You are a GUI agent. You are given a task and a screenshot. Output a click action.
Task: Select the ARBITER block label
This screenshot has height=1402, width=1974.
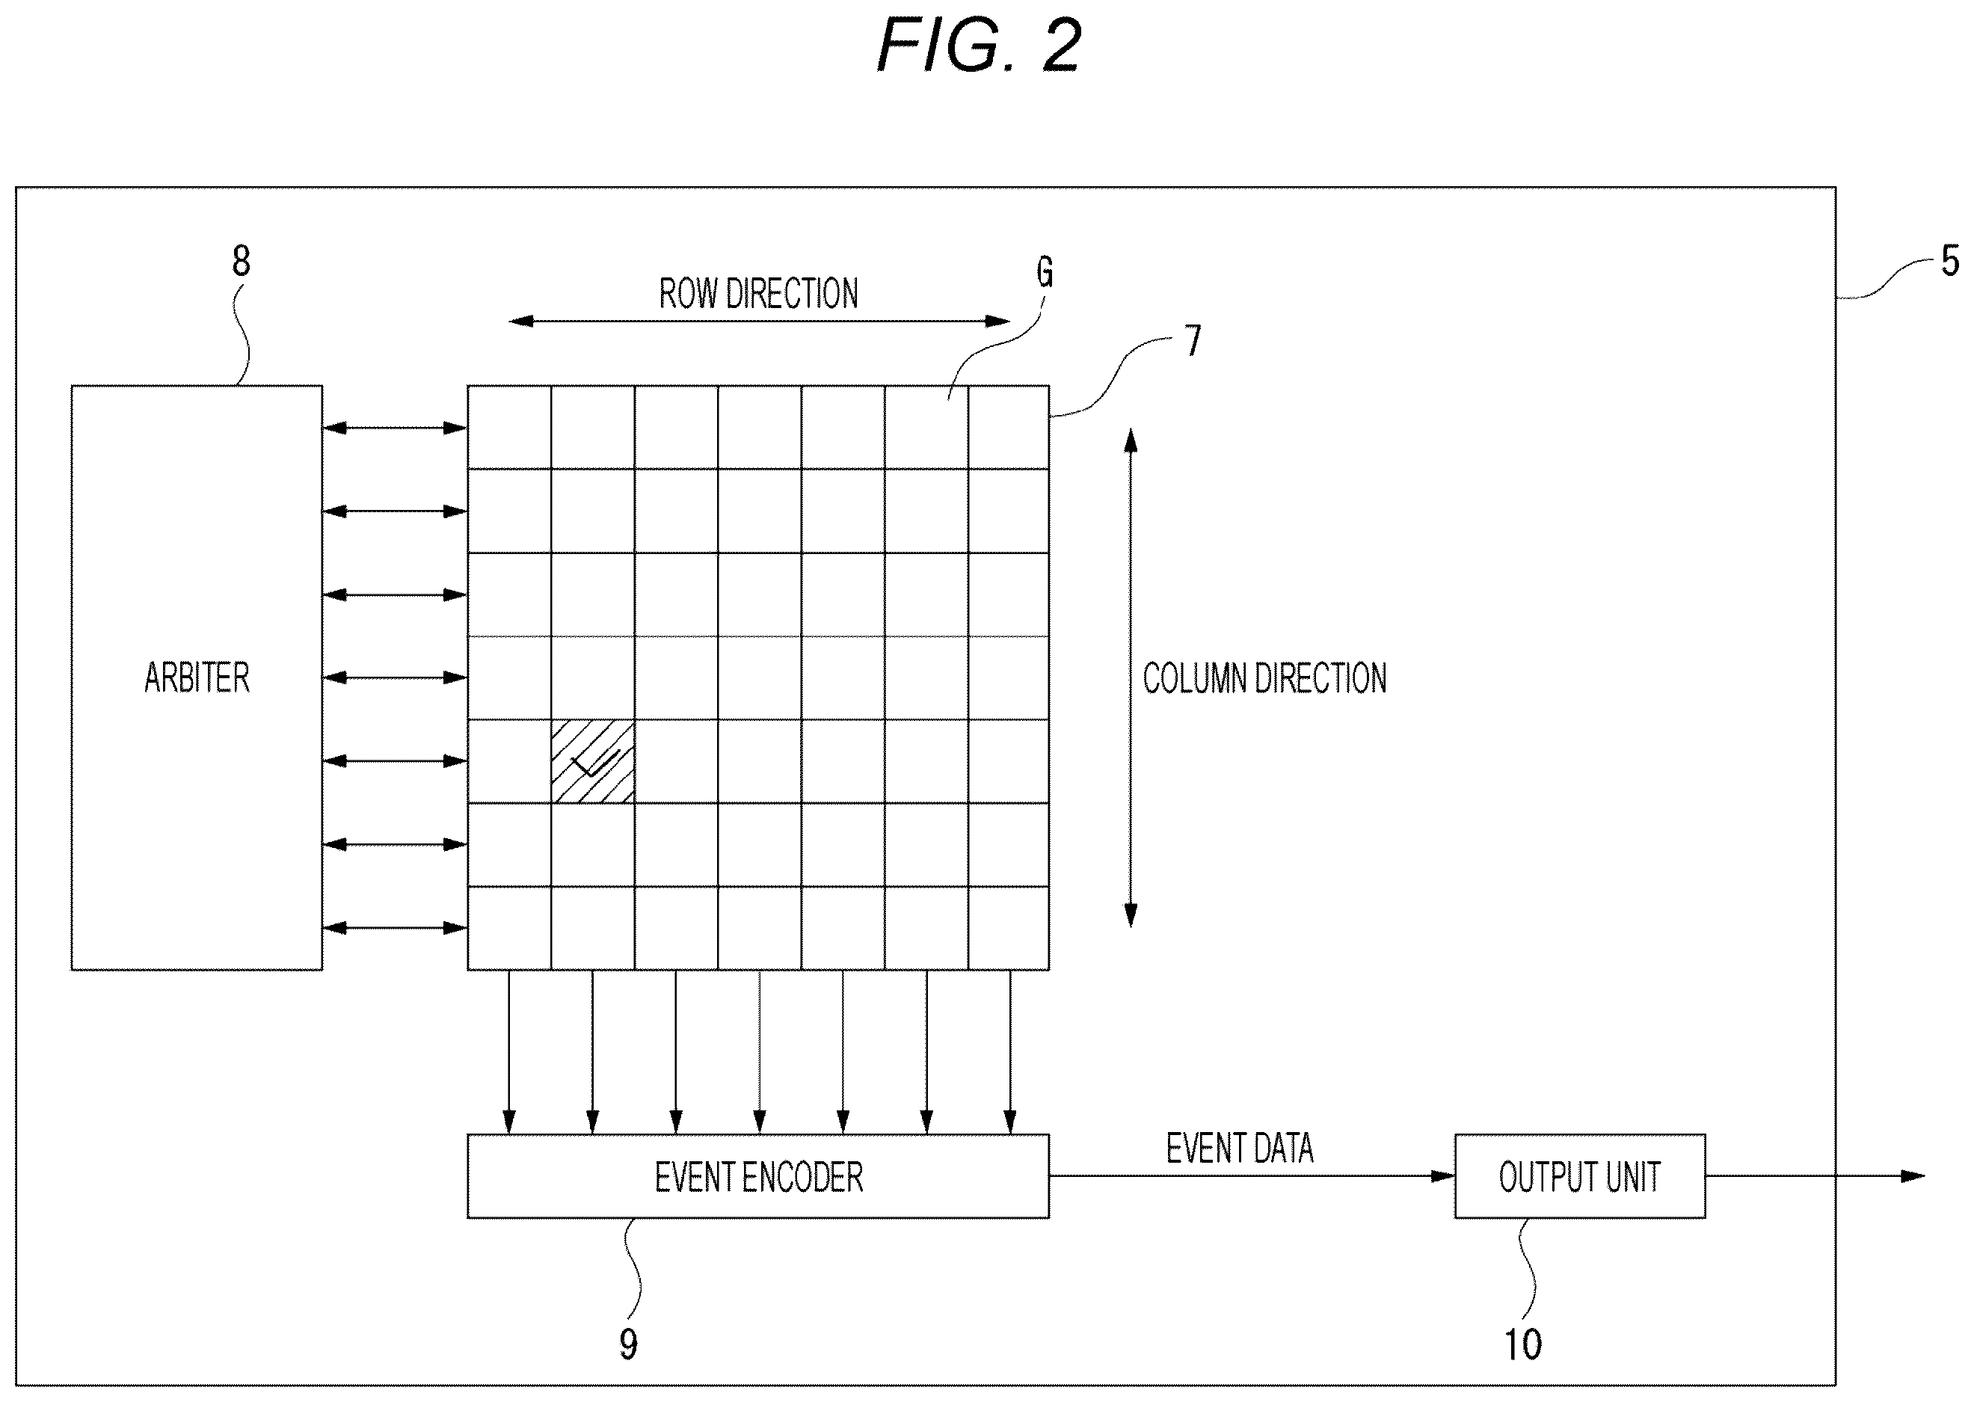pos(197,677)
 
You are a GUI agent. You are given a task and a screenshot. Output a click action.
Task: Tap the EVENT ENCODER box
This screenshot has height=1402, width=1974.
pos(758,1176)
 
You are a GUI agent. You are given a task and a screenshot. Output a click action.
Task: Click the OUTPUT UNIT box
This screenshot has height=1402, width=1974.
pos(1579,1176)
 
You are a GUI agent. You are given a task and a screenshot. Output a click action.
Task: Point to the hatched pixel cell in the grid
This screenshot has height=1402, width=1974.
pos(593,761)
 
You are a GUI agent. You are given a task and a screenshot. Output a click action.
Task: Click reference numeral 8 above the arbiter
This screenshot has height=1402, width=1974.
pos(241,261)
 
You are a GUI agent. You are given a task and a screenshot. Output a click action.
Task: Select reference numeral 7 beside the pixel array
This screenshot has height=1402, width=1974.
pos(1193,341)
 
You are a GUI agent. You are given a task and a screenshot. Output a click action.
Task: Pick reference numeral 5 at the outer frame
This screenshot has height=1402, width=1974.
pos(1950,261)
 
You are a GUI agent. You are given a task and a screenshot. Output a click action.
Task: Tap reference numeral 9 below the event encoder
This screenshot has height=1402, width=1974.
pos(628,1344)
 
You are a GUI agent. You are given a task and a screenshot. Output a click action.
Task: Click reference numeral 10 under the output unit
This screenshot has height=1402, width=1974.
pos(1522,1344)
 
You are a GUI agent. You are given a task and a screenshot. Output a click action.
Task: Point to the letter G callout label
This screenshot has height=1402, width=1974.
pos(1045,272)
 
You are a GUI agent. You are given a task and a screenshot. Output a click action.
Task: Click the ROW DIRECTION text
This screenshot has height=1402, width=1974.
pos(759,294)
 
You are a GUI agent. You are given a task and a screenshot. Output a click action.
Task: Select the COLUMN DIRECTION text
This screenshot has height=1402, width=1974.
pos(1264,678)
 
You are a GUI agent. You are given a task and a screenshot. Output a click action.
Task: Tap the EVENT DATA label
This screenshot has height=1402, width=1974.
pos(1240,1149)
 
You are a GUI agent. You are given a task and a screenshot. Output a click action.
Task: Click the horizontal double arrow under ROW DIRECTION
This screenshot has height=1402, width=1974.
pos(759,321)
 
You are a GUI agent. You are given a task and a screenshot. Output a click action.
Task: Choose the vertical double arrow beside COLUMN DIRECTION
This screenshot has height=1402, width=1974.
pos(1130,677)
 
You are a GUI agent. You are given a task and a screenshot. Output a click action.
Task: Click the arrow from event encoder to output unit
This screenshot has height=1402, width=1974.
pos(1252,1176)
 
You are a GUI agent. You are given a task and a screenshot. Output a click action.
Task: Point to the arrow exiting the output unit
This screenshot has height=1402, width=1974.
pos(1815,1176)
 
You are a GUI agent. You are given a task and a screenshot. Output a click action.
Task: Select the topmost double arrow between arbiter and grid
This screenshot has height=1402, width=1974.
pos(395,428)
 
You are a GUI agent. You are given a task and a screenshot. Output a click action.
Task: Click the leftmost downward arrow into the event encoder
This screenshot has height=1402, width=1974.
pos(509,1052)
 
